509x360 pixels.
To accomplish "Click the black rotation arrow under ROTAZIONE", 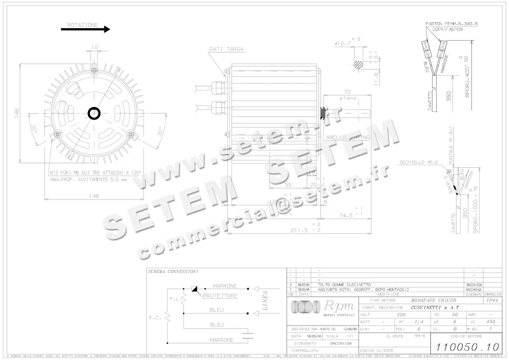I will [85, 29].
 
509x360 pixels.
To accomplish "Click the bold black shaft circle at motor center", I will [94, 113].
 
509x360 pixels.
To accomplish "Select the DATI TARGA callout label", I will [226, 49].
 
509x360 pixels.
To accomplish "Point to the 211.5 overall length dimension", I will [299, 231].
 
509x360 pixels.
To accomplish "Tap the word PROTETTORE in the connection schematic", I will [220, 295].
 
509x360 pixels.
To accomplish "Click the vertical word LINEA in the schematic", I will [266, 301].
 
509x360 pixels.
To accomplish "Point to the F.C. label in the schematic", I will [155, 317].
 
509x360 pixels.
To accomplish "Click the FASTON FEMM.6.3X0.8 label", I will [452, 24].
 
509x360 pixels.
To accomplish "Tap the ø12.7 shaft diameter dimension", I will [342, 43].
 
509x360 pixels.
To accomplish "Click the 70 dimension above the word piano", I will [347, 91].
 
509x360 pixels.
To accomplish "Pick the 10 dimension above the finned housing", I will [94, 47].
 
